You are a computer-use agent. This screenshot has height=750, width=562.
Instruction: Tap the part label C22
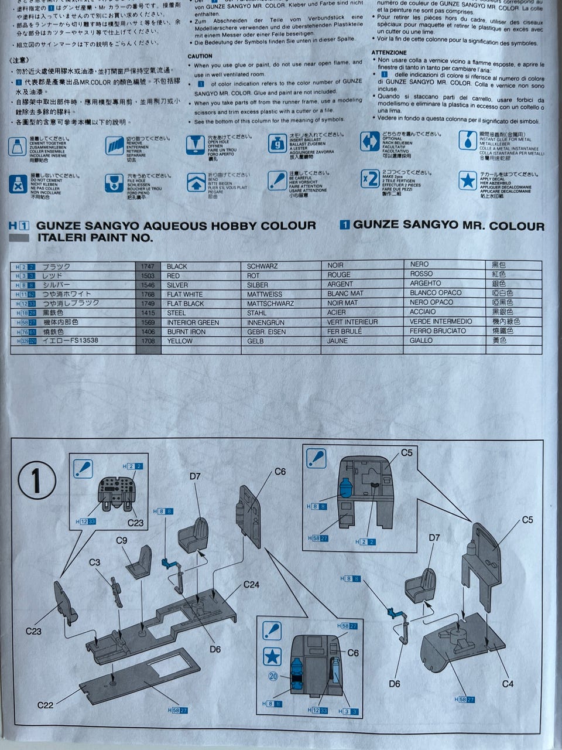(45, 705)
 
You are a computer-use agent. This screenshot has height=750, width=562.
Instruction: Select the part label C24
(251, 584)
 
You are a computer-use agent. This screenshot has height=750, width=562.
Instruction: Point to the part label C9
(122, 541)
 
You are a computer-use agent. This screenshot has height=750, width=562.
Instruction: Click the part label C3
(94, 562)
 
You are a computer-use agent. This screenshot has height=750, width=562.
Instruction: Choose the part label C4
(508, 684)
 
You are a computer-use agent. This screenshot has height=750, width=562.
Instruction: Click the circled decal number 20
(273, 676)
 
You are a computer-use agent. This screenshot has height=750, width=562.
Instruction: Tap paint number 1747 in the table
(148, 266)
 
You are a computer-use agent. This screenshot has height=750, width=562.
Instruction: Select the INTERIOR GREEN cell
(193, 322)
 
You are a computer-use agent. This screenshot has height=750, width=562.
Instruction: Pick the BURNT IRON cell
(186, 332)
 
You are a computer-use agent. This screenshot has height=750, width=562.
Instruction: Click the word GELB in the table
(255, 341)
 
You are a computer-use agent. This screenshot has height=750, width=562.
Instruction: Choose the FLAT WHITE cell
(185, 294)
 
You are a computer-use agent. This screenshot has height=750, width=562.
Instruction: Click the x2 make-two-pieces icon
(369, 179)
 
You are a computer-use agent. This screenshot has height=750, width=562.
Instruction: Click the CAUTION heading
(200, 56)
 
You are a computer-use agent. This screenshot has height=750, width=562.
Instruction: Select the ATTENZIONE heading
(389, 52)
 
